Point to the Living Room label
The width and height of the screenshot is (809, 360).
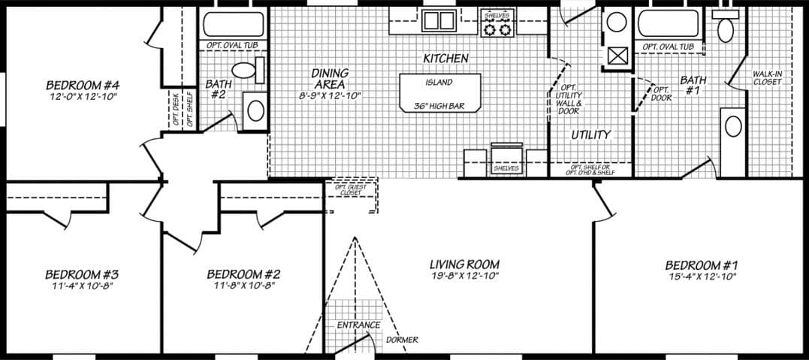click(464, 265)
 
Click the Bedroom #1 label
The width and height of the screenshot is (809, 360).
click(702, 265)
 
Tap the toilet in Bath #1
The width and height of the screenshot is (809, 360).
click(725, 29)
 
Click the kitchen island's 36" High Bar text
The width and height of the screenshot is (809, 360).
click(439, 107)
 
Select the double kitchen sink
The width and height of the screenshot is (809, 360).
click(437, 20)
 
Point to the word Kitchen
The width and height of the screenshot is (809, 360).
click(445, 59)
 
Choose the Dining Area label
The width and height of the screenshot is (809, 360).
click(331, 78)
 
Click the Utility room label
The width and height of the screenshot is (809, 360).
click(590, 135)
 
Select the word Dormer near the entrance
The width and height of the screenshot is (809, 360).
click(402, 340)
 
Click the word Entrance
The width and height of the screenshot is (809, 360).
click(358, 325)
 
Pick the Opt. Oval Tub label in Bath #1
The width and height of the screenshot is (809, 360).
click(668, 47)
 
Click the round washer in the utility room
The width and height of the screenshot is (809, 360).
click(617, 22)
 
